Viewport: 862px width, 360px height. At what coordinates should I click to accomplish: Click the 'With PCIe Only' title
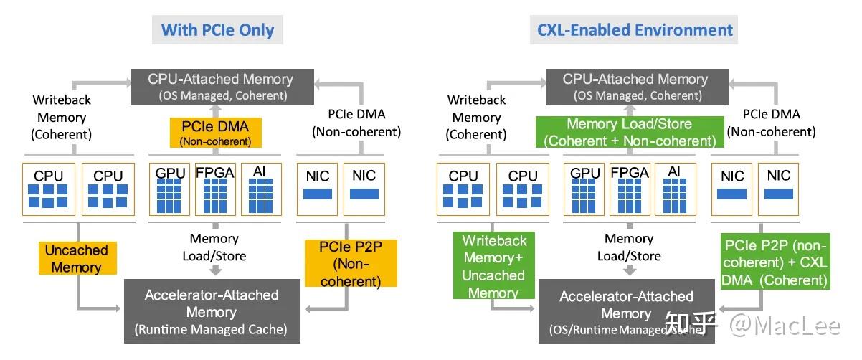tap(217, 30)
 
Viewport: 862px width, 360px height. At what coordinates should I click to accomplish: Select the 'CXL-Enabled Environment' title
tap(635, 30)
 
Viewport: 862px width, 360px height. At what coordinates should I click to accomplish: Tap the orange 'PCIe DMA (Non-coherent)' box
tap(216, 133)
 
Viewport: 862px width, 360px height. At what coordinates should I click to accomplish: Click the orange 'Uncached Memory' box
tap(76, 259)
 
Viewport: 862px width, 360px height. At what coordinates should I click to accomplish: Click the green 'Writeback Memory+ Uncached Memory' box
tap(494, 266)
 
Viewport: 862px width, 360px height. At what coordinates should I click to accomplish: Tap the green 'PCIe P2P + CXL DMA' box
tap(775, 262)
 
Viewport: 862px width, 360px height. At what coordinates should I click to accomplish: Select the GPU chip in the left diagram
tap(170, 189)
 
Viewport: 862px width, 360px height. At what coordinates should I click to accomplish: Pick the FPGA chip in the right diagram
tap(630, 189)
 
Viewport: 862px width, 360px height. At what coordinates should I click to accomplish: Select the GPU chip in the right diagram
tap(585, 189)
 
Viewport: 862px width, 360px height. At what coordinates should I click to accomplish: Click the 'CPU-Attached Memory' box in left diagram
tap(220, 86)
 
